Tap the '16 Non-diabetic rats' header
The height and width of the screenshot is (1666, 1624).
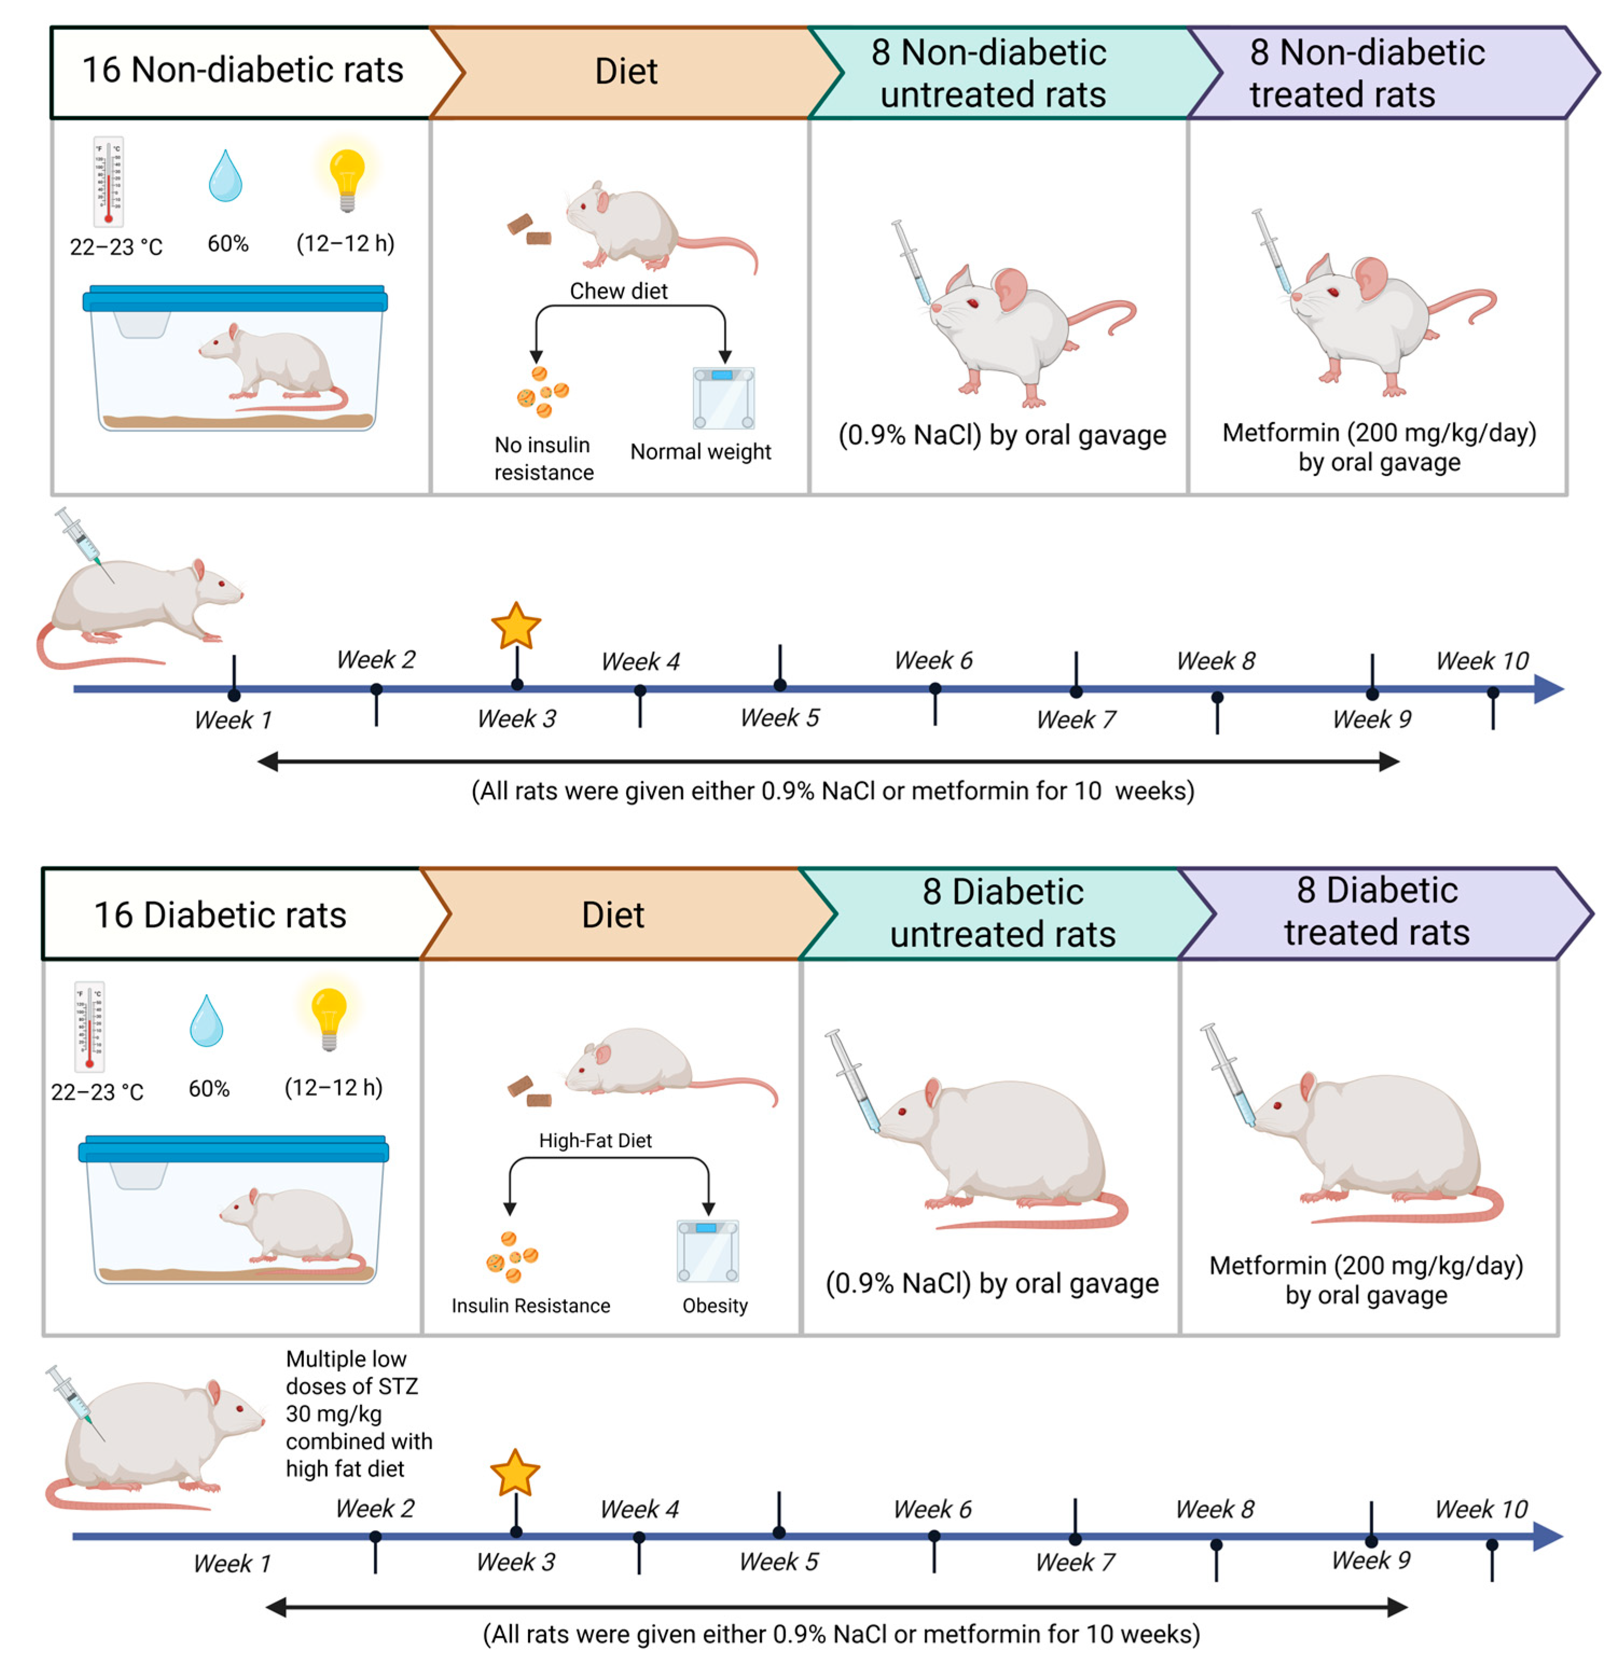(242, 71)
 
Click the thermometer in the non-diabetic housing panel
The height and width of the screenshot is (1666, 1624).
(108, 181)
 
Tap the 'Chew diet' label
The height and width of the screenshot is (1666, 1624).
(619, 291)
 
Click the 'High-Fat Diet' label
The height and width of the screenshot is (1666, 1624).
(595, 1141)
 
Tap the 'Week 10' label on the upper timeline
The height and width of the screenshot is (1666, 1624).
(1482, 661)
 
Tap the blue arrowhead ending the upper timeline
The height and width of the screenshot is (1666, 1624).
(1549, 689)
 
